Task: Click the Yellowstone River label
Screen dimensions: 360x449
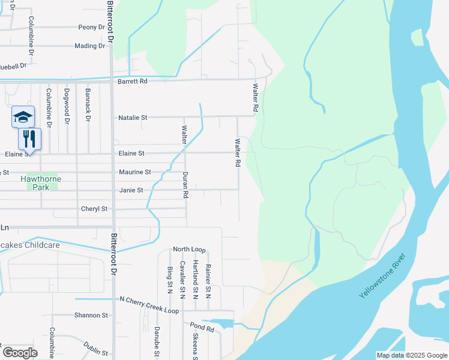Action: [382, 277]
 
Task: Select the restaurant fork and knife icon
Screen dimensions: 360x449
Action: [29, 139]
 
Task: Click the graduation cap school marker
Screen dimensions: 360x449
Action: [23, 116]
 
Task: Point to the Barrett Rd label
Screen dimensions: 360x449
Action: [132, 81]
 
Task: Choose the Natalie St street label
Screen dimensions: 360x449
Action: [133, 118]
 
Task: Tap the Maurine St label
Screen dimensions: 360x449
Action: [134, 172]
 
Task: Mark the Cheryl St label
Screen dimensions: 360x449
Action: [94, 209]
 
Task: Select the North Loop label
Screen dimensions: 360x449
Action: [189, 249]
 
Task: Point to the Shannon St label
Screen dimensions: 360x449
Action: [91, 315]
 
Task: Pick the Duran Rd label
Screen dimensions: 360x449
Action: [185, 185]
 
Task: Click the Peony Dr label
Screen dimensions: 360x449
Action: [91, 28]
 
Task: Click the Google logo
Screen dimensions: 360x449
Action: [20, 352]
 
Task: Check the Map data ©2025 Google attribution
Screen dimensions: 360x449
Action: [411, 355]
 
